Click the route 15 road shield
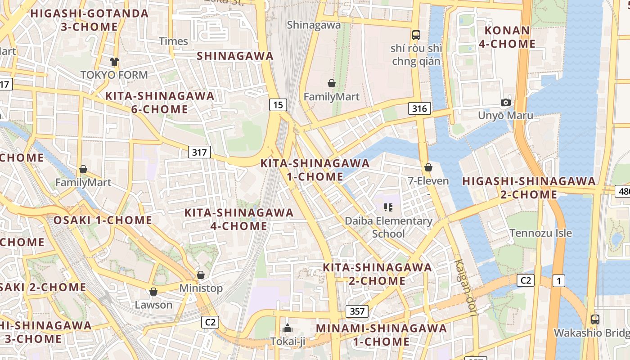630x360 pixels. pyautogui.click(x=278, y=105)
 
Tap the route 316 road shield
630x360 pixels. pyautogui.click(x=419, y=108)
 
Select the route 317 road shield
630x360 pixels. pyautogui.click(x=199, y=152)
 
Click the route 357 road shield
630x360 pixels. pyautogui.click(x=357, y=311)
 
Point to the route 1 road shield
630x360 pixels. pyautogui.click(x=558, y=281)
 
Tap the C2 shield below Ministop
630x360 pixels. pyautogui.click(x=210, y=322)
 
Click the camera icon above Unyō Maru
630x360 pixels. pyautogui.click(x=506, y=102)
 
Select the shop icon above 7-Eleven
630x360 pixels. pyautogui.click(x=428, y=167)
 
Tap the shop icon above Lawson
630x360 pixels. pyautogui.click(x=153, y=292)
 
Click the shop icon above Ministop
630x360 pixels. pyautogui.click(x=201, y=274)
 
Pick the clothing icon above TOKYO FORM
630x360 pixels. pyautogui.click(x=114, y=61)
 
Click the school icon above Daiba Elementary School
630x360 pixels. pyautogui.click(x=388, y=207)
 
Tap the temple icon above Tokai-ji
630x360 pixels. pyautogui.click(x=288, y=328)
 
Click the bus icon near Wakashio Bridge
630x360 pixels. pyautogui.click(x=595, y=319)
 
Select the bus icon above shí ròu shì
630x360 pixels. pyautogui.click(x=416, y=35)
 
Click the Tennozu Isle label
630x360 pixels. pyautogui.click(x=540, y=233)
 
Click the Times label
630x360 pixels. pyautogui.click(x=173, y=41)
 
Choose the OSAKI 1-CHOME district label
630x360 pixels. pyautogui.click(x=103, y=220)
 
